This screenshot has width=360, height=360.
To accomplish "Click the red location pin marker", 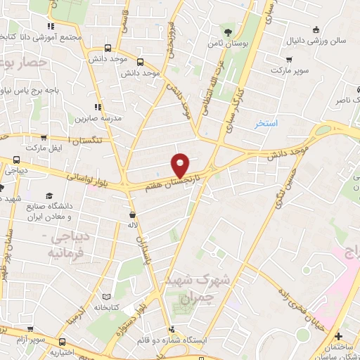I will coord(181,165).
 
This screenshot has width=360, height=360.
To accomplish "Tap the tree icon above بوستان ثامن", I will coord(226,32).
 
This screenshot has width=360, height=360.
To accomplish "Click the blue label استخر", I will coord(266,124).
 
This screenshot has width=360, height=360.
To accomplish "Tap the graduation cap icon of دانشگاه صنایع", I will coord(49,195).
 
